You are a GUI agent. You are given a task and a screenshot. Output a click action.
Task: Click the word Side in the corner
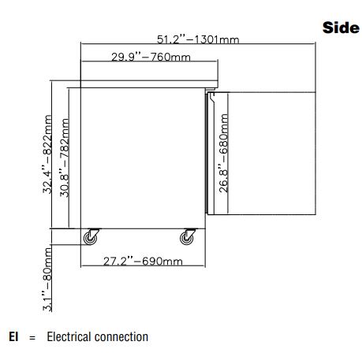[341, 28]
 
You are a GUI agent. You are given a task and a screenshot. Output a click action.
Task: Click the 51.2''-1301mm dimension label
[198, 39]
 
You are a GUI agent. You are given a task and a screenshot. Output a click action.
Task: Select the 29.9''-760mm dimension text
[151, 57]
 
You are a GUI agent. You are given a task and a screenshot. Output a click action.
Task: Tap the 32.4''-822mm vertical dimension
[47, 154]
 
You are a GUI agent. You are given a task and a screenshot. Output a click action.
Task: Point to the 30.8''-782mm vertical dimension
[65, 158]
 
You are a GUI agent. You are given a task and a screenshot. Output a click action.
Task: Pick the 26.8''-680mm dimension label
[223, 154]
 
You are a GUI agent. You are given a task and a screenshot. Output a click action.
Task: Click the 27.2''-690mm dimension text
[143, 262]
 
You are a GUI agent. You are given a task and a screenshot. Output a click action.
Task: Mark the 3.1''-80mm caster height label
[47, 279]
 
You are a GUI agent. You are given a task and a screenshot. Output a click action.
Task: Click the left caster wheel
[90, 238]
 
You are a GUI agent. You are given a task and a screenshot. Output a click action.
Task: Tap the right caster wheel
[186, 238]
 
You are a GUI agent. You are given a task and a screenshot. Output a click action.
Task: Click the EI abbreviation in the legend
[13, 336]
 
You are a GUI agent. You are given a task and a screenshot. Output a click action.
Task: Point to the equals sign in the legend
[32, 337]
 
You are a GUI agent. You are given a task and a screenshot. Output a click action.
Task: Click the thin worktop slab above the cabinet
[149, 84]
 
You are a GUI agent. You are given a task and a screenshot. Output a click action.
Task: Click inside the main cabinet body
[143, 158]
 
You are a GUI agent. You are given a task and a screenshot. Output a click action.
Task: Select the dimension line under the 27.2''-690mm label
[143, 266]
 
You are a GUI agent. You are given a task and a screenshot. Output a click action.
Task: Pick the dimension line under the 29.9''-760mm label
[149, 61]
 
